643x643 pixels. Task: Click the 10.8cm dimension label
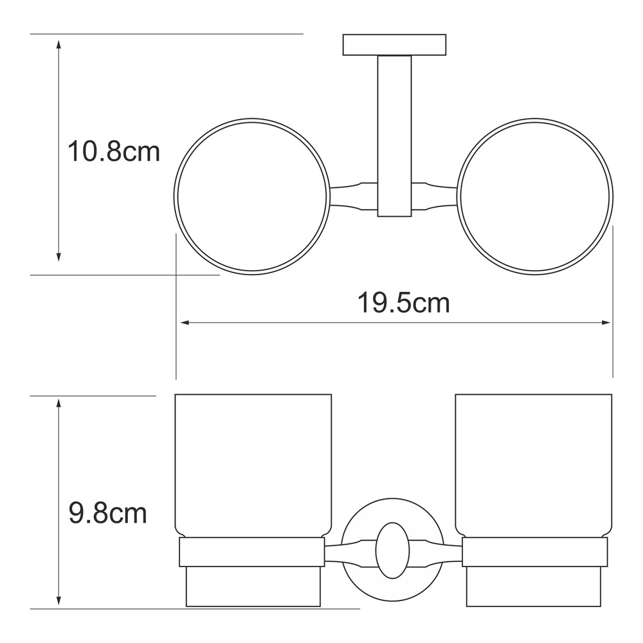[x=114, y=151]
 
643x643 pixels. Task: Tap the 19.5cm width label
[x=404, y=303]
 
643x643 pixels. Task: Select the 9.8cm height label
[x=107, y=513]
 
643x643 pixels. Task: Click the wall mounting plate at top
[x=394, y=45]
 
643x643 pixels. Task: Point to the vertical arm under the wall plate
[x=394, y=136]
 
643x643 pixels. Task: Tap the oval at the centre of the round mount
[x=392, y=550]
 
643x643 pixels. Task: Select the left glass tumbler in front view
[x=253, y=466]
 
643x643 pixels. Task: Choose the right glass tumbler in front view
[x=534, y=466]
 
